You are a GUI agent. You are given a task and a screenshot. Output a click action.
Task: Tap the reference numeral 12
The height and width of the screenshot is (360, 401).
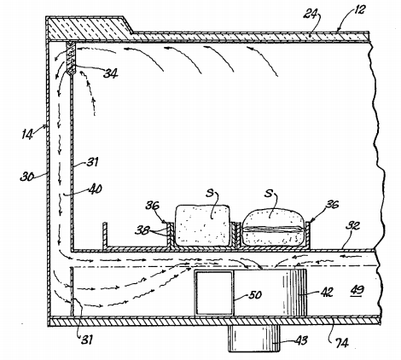pyautogui.click(x=359, y=10)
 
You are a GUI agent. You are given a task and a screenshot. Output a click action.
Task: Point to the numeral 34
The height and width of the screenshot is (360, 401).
pyautogui.click(x=110, y=73)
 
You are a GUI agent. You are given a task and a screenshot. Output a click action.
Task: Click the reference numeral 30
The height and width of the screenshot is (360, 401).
pyautogui.click(x=27, y=177)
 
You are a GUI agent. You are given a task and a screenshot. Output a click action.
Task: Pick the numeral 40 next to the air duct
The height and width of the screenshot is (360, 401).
pyautogui.click(x=95, y=189)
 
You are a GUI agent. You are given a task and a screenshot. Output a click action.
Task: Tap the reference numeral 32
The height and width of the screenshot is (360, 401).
pyautogui.click(x=352, y=226)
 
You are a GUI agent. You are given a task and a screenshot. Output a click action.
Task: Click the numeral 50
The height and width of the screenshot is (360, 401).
pyautogui.click(x=254, y=294)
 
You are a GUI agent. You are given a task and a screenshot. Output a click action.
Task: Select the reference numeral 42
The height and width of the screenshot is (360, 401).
pyautogui.click(x=327, y=292)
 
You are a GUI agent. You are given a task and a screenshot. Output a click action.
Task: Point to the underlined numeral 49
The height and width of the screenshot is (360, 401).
pyautogui.click(x=357, y=290)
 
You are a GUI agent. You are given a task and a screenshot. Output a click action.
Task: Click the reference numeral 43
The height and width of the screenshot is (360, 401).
pyautogui.click(x=301, y=340)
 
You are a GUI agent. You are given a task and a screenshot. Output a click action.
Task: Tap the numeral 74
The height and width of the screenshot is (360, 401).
pyautogui.click(x=341, y=343)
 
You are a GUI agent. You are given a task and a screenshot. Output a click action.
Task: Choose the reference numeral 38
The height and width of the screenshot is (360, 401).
pyautogui.click(x=142, y=230)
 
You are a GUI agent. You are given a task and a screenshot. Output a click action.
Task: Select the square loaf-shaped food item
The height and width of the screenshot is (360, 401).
pyautogui.click(x=202, y=225)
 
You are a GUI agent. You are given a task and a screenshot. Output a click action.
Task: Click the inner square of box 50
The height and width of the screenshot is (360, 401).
pyautogui.click(x=214, y=293)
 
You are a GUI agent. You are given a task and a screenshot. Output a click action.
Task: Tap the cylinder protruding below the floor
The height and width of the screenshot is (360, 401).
pyautogui.click(x=254, y=338)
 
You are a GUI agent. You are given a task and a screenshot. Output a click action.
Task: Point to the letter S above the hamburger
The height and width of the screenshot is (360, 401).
pyautogui.click(x=269, y=194)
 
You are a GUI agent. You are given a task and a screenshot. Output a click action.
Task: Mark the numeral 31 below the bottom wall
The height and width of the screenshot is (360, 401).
pyautogui.click(x=87, y=340)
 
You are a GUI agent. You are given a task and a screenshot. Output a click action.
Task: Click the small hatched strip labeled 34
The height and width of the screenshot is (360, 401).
pyautogui.click(x=71, y=58)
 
